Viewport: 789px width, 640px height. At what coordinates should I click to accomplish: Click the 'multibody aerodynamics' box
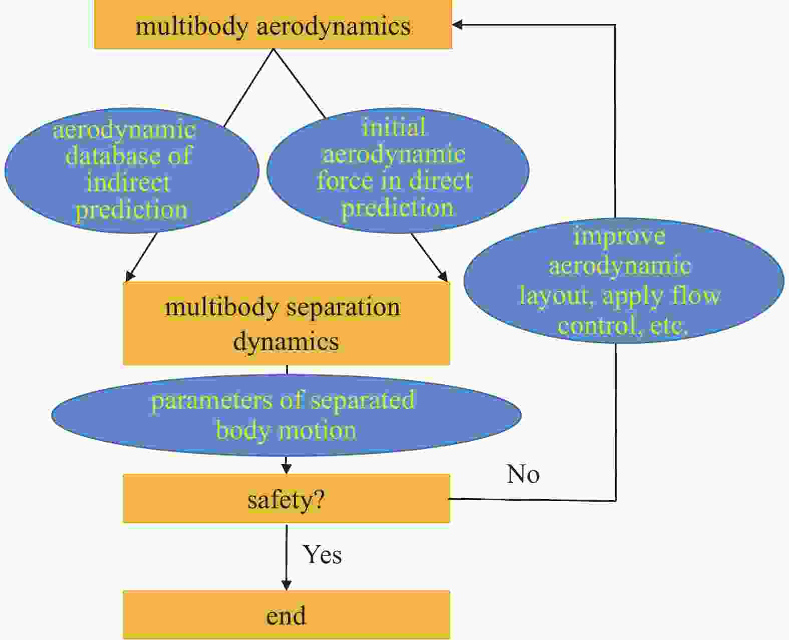[273, 25]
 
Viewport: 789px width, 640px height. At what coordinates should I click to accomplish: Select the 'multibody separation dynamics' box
[287, 324]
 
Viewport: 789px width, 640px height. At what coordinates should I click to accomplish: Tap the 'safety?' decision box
[287, 499]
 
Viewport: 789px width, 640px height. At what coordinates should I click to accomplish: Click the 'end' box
[287, 615]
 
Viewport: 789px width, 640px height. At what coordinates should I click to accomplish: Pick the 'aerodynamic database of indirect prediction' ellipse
[131, 170]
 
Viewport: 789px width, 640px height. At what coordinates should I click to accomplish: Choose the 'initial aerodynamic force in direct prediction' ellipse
[398, 170]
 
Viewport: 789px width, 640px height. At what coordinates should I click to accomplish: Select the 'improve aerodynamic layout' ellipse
[624, 281]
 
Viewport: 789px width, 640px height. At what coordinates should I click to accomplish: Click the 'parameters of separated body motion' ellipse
[287, 415]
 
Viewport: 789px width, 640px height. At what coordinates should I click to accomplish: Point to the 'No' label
[522, 474]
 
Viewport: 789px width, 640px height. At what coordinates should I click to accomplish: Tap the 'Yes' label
[322, 555]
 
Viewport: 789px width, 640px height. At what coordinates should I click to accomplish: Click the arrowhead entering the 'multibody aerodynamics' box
[457, 25]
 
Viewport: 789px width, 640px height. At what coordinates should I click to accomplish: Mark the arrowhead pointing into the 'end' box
[287, 585]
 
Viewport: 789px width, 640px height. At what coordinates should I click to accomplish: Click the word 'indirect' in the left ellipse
[128, 183]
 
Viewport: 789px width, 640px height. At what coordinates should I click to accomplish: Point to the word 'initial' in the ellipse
[393, 127]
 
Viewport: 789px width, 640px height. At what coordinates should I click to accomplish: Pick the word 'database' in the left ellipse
[113, 156]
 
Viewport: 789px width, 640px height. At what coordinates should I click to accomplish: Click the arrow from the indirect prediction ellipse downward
[141, 257]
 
